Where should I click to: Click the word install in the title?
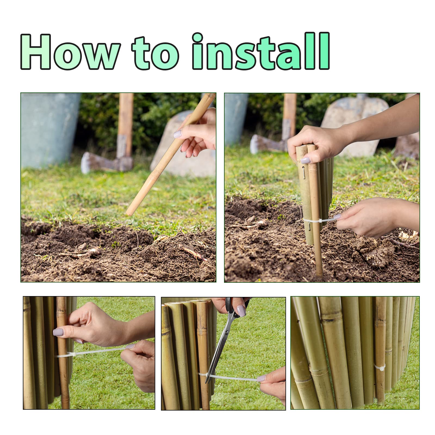point(261,52)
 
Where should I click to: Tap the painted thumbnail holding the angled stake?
point(178,134)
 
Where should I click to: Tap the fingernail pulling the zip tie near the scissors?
point(262,378)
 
